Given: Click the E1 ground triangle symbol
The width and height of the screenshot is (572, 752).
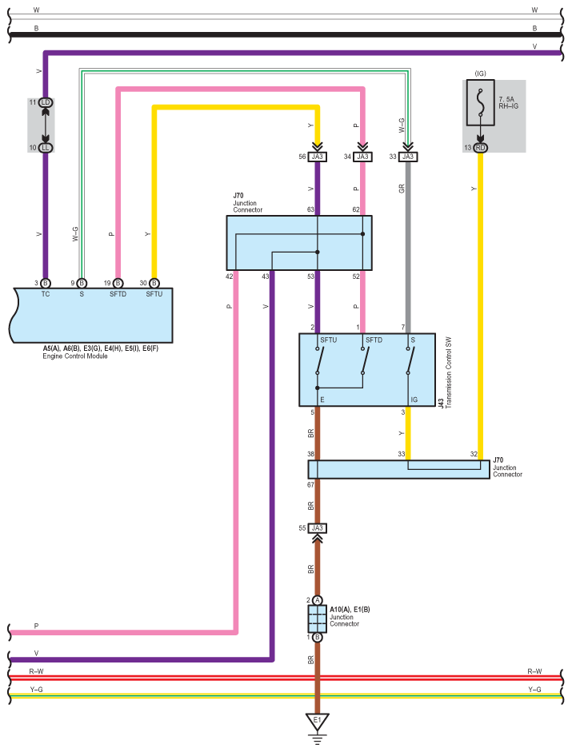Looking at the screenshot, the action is [x=317, y=722].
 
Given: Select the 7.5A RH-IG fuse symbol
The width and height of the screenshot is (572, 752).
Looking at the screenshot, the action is [x=480, y=102].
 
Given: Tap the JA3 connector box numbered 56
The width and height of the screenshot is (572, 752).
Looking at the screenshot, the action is [x=317, y=157].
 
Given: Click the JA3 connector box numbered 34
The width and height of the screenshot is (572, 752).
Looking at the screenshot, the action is [x=362, y=157].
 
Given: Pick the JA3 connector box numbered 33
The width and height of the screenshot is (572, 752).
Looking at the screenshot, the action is [x=408, y=157].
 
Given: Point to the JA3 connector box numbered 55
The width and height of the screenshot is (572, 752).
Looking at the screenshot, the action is [x=317, y=528].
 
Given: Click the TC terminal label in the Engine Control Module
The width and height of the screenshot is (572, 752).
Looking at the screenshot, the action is [x=46, y=294].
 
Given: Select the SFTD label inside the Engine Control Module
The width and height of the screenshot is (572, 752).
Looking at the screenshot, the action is [x=118, y=294].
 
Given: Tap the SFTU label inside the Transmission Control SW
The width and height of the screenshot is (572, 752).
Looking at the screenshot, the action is [x=329, y=340].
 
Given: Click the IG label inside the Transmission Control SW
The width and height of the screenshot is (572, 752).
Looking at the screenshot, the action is [x=414, y=400].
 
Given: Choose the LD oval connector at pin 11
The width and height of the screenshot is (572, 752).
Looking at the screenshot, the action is [x=46, y=102].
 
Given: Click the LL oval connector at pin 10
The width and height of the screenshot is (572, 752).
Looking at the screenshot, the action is [x=46, y=148].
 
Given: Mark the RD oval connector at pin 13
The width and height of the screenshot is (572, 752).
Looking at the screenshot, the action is [x=480, y=148].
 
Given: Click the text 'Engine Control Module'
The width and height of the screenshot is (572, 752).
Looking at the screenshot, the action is [x=75, y=356].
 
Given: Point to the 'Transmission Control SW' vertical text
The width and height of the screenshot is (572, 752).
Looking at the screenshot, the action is [x=449, y=372].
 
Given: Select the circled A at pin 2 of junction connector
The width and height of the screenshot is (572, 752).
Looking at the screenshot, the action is [x=317, y=600].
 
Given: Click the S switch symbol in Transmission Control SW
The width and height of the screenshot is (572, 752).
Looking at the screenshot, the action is [x=410, y=360].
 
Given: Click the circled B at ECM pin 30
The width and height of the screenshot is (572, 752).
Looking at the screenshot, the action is [x=154, y=284].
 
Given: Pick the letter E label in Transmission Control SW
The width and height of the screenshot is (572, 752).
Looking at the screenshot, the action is [x=322, y=400].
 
